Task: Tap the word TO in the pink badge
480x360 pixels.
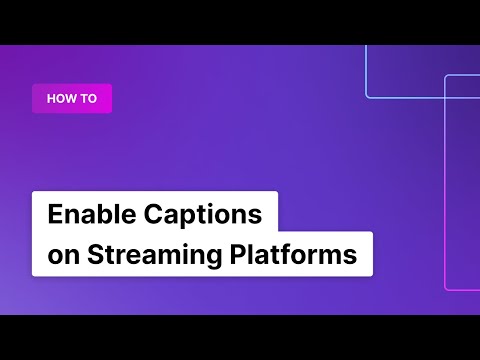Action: [88, 98]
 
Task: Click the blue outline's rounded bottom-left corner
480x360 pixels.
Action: [368, 96]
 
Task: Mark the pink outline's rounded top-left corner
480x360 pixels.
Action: [447, 78]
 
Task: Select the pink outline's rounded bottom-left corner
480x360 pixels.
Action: [447, 287]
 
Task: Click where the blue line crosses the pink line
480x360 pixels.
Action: [445, 98]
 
